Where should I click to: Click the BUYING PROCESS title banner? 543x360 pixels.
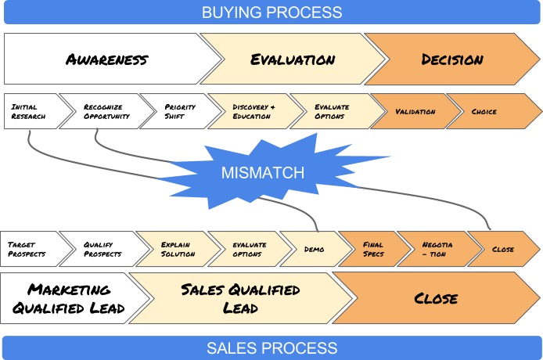pos(271,13)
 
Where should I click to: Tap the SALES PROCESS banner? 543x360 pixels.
pos(271,348)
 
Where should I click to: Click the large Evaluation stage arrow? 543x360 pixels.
pos(293,59)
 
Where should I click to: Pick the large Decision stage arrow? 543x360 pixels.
pos(452,59)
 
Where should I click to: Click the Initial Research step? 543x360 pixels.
pos(30,112)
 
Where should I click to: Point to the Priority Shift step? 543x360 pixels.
pos(179,112)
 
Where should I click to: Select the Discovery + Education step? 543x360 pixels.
pos(254,112)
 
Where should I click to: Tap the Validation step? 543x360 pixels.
pos(415,112)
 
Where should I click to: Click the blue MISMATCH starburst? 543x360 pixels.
pos(262,171)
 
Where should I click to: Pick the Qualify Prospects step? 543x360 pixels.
pos(102,250)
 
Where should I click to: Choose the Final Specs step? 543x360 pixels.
pos(373,250)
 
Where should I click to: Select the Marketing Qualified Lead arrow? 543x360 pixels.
pos(69,299)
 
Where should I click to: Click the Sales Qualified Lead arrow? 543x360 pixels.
pos(239,299)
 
